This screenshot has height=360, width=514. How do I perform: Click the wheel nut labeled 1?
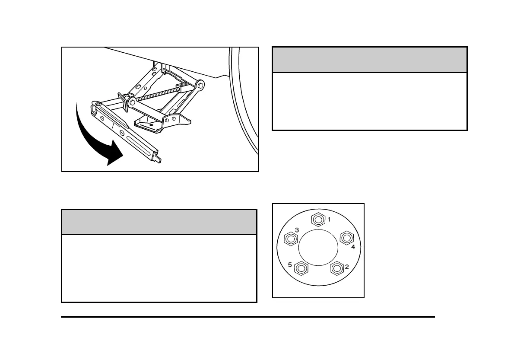point(318,220)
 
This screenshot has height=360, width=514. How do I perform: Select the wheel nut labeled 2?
point(336,268)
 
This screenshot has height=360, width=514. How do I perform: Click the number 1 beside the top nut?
point(329,220)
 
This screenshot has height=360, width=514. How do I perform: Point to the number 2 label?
point(346,267)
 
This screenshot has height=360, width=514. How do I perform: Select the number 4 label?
point(353,247)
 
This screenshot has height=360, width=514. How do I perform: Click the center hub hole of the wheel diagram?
point(318,249)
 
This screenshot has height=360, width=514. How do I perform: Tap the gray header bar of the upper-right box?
point(370,60)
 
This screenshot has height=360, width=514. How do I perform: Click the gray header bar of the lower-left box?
point(159,222)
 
